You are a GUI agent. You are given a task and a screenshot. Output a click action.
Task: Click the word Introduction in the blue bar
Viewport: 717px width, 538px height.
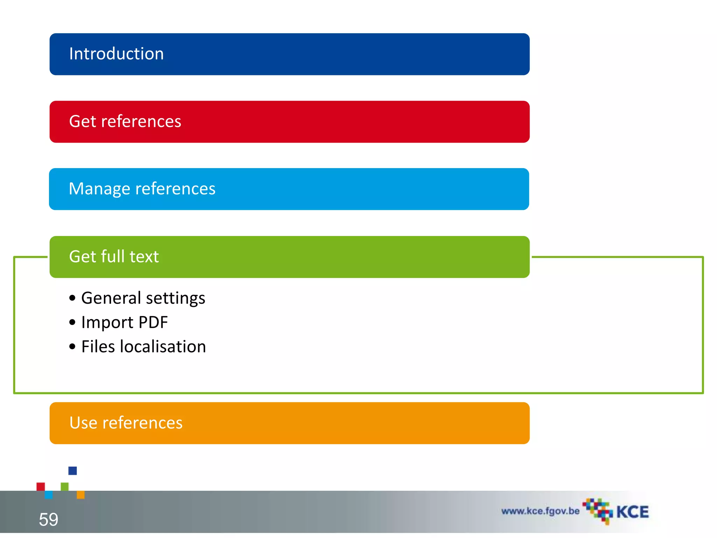116,54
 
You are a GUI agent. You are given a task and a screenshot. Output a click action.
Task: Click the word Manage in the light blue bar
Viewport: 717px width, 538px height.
99,189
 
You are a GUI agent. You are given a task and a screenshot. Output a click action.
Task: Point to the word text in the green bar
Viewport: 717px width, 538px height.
144,257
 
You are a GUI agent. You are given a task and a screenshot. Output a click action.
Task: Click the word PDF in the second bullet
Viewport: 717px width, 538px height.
153,322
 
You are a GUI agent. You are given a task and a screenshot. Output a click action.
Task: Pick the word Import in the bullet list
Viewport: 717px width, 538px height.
107,323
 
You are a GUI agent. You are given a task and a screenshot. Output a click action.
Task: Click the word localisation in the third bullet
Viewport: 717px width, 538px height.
163,347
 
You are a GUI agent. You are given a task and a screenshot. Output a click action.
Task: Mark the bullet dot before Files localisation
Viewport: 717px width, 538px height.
72,347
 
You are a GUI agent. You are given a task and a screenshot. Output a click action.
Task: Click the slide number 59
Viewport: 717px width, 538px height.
48,519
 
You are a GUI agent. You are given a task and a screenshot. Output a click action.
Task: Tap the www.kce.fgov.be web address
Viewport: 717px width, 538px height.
540,511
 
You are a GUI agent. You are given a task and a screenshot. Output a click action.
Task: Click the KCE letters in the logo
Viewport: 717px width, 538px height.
632,512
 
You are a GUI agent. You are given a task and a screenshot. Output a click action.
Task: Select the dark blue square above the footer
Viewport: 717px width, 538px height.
72,470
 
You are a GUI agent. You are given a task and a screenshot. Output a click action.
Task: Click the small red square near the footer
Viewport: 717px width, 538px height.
41,487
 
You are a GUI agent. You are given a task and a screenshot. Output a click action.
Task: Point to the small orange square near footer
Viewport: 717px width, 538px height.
81,495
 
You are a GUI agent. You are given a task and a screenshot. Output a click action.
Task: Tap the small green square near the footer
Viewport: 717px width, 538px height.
65,487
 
